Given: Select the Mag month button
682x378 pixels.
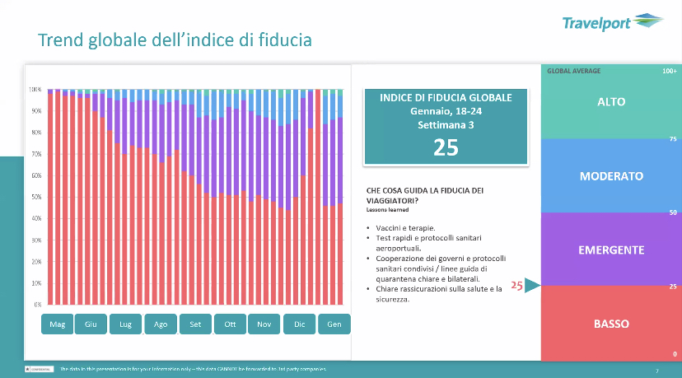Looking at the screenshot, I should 57,324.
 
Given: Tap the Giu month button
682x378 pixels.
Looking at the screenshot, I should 91,324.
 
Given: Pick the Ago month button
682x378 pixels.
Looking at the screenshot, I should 160,324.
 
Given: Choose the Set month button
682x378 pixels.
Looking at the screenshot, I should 195,324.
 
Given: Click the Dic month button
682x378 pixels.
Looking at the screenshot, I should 300,324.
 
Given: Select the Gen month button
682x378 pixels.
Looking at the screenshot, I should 334,324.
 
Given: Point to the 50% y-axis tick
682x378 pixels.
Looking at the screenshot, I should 35,197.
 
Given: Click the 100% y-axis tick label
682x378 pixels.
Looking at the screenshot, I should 35,89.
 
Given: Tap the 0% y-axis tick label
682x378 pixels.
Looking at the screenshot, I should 37,305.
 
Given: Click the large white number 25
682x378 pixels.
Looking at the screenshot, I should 446,147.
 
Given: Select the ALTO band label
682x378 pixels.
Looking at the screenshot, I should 611,102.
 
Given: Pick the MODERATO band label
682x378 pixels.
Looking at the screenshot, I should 611,176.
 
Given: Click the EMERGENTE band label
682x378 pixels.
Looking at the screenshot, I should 611,250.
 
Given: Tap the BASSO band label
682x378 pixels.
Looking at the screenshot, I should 611,324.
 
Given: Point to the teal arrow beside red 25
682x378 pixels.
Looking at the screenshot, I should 532,286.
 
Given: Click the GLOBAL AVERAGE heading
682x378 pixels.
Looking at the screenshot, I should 574,72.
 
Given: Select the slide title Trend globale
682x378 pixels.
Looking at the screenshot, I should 175,40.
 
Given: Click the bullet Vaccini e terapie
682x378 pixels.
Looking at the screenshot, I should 401,228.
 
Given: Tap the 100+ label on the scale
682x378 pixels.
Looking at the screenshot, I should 669,72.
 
